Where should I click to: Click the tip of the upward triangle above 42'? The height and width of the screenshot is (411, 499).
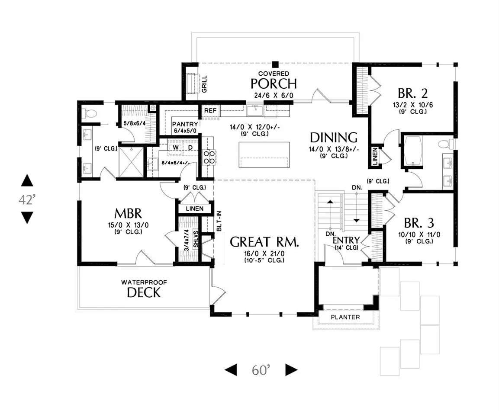pyautogui.click(x=27, y=175)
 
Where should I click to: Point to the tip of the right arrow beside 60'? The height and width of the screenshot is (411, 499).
pyautogui.click(x=298, y=369)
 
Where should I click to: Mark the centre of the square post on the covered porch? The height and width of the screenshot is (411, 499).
pyautogui.click(x=276, y=64)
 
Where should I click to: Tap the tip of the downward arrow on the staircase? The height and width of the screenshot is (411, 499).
pyautogui.click(x=357, y=222)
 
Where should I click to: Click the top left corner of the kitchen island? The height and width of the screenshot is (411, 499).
pyautogui.click(x=239, y=142)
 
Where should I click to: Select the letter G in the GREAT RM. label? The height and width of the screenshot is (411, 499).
pyautogui.click(x=235, y=242)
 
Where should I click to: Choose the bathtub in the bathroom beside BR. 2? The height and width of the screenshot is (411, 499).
pyautogui.click(x=413, y=151)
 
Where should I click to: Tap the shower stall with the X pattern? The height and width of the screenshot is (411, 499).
pyautogui.click(x=130, y=162)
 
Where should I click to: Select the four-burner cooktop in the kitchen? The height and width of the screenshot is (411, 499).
pyautogui.click(x=209, y=157)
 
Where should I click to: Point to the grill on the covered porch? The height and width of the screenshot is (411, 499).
pyautogui.click(x=192, y=83)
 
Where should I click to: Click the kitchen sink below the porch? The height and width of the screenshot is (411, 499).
pyautogui.click(x=254, y=110)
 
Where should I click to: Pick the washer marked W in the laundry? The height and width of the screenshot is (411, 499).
pyautogui.click(x=176, y=148)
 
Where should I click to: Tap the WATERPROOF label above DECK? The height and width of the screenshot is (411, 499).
pyautogui.click(x=144, y=282)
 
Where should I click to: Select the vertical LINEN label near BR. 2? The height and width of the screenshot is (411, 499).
pyautogui.click(x=375, y=156)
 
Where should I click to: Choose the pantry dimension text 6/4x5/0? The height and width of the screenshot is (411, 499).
pyautogui.click(x=185, y=130)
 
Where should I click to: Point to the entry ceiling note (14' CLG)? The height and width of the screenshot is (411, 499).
pyautogui.click(x=347, y=248)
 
